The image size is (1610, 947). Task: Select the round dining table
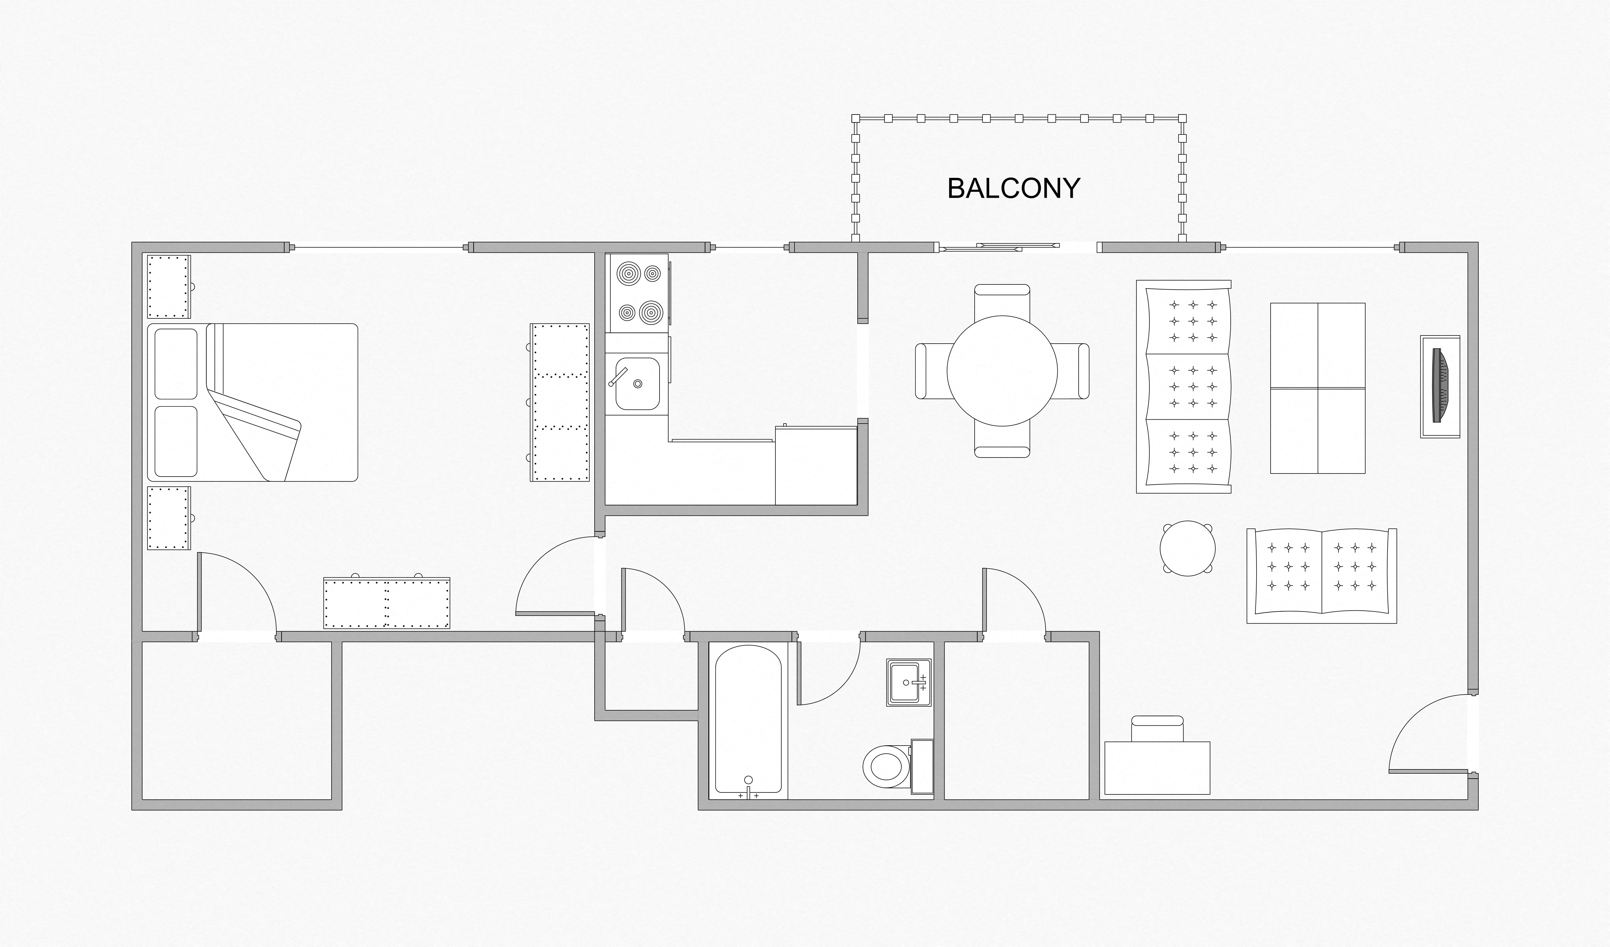tap(1002, 371)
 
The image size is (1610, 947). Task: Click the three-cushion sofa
tap(1183, 386)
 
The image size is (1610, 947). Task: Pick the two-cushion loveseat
tap(1321, 575)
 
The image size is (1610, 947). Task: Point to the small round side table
tap(1188, 548)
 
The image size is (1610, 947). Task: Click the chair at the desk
tap(1157, 728)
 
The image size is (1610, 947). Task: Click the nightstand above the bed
tap(169, 286)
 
